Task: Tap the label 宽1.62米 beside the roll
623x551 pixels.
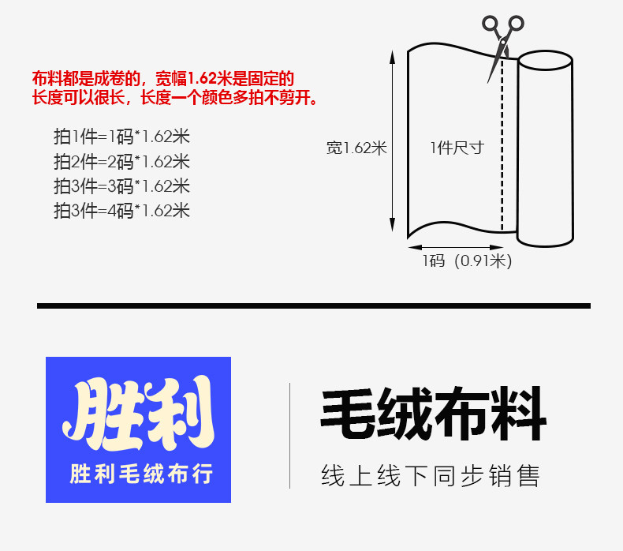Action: click(x=356, y=148)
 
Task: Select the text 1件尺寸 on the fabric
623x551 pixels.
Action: click(x=457, y=148)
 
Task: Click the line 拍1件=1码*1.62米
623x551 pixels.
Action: click(x=121, y=137)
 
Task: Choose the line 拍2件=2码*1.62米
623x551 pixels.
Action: click(x=121, y=162)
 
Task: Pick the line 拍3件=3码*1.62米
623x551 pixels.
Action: click(x=121, y=186)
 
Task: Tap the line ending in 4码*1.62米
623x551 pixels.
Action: click(x=121, y=211)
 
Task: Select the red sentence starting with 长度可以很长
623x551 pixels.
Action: click(x=175, y=98)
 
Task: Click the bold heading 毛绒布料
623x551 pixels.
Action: click(x=433, y=414)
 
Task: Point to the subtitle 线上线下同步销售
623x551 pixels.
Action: click(x=431, y=476)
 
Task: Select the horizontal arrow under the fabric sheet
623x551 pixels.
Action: click(x=461, y=246)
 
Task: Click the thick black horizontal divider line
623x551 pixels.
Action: click(x=313, y=305)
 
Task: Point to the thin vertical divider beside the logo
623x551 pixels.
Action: click(x=289, y=435)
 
